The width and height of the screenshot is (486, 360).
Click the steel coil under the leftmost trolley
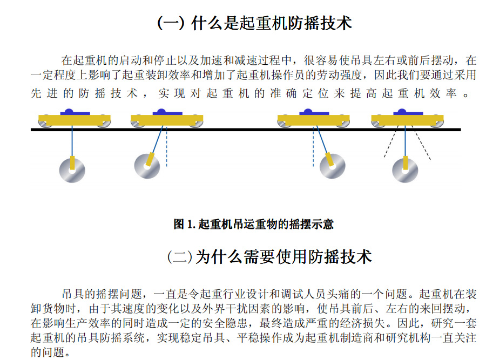coord(72,171)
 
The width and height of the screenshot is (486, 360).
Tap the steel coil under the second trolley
coord(147,166)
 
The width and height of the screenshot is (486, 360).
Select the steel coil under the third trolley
coord(332,166)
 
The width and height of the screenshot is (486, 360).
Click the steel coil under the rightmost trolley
coord(405,171)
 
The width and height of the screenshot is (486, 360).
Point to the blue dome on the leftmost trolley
coord(69,112)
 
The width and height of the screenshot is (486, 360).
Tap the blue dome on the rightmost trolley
coord(402,112)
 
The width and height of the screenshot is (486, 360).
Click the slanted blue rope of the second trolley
coord(157,139)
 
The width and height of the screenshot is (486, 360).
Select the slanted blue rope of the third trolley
coord(322,139)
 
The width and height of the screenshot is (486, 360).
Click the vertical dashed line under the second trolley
coord(167,146)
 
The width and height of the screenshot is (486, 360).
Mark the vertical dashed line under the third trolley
coord(313,146)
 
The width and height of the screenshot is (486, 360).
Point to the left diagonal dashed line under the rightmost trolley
coord(391,141)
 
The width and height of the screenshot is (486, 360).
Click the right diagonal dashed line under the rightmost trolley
coord(421,142)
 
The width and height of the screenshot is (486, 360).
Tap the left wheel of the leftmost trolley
coord(45,122)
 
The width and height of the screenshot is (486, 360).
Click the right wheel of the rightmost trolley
coord(436,122)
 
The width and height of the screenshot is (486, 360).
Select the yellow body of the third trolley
coord(313,120)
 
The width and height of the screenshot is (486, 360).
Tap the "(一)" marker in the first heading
coord(171,23)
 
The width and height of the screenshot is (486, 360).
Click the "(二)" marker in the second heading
coord(180,257)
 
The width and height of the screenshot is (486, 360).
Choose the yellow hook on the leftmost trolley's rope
coord(72,162)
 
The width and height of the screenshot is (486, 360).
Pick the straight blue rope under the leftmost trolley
coord(72,141)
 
